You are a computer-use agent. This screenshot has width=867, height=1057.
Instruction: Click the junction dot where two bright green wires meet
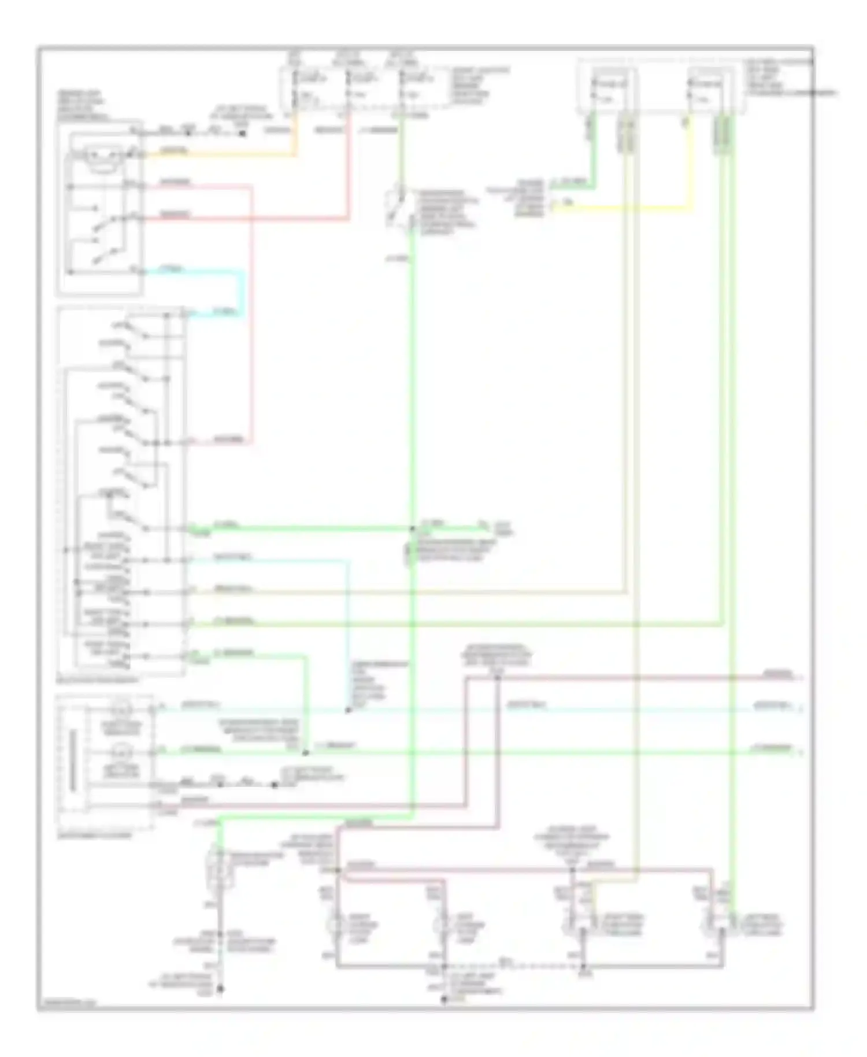[x=412, y=528]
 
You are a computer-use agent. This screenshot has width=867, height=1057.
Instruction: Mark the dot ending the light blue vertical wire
[x=348, y=710]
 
